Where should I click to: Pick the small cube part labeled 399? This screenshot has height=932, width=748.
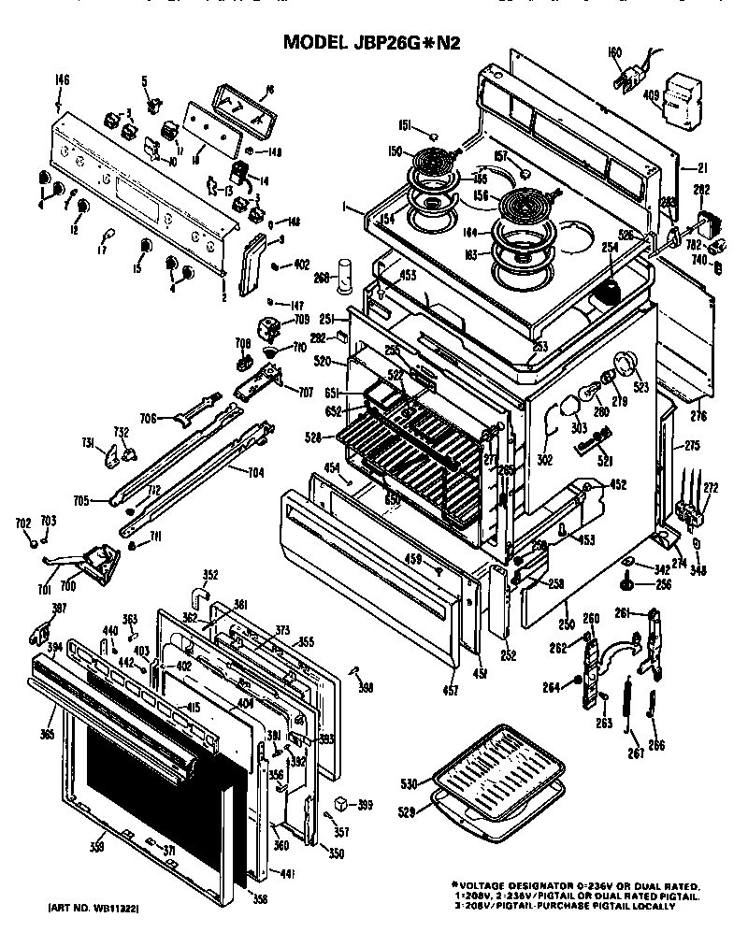coord(340,804)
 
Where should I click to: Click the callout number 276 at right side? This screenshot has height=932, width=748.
coord(698,415)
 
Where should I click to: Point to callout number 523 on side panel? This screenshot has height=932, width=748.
coord(640,384)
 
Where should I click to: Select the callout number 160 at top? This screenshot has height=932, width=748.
coord(614,51)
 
